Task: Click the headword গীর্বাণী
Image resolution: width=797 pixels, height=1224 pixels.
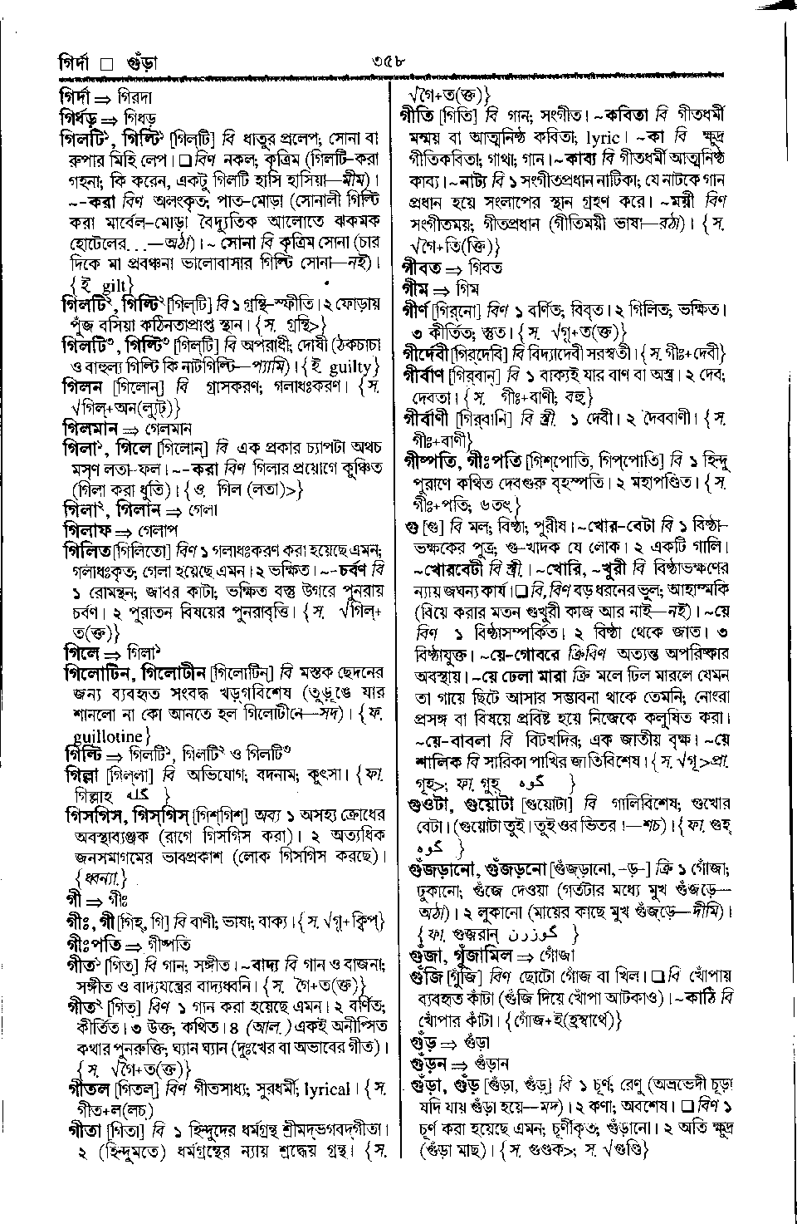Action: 432,416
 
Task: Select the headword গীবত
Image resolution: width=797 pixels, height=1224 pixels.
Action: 421,268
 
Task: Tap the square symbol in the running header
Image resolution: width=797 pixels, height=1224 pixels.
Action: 106,64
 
